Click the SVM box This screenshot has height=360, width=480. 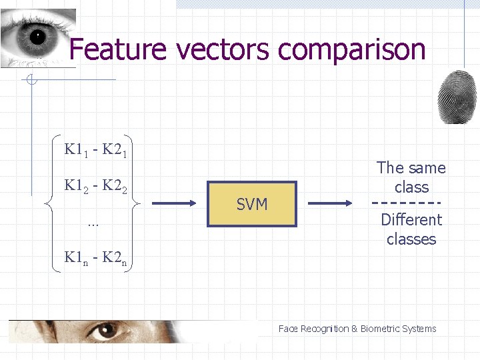coord(251,204)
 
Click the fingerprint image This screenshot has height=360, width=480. coord(457,97)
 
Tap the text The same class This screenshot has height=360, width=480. coord(411,177)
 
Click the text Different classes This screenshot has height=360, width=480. coord(411,229)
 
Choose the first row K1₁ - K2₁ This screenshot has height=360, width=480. coord(95,150)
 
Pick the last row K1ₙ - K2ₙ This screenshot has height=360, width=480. coord(95,257)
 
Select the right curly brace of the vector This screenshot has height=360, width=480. coord(135,203)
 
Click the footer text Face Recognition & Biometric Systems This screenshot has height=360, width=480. coord(357,329)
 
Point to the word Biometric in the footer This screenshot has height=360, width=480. coord(382,329)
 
